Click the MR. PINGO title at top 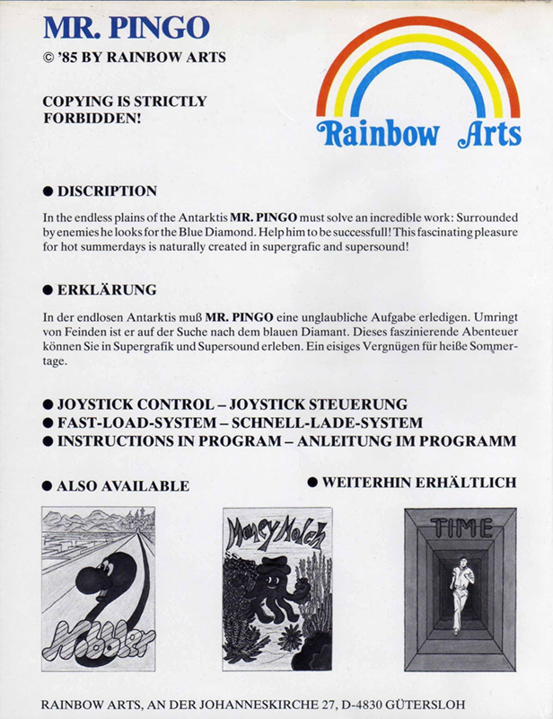tap(126, 29)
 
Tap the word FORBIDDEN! tap(92, 117)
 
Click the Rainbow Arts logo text tap(419, 133)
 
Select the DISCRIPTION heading tap(107, 191)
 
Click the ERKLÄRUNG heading tap(107, 289)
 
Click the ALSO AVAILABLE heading tap(122, 485)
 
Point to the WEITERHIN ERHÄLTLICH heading tap(418, 483)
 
